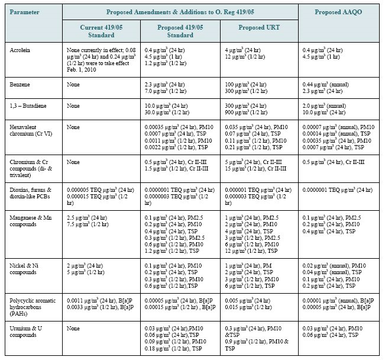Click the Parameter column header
24,12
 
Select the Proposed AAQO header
338,12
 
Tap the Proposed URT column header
259,27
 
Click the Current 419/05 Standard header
101,31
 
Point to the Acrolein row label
20,50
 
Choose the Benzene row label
20,85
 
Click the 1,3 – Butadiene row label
28,106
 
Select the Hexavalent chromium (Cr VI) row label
31,131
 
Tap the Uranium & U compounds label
26,332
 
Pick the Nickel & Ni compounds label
24,269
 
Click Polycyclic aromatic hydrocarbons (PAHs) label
33,307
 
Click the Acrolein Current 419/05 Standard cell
101,60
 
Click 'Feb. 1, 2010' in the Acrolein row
81,70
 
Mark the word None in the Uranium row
73,329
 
